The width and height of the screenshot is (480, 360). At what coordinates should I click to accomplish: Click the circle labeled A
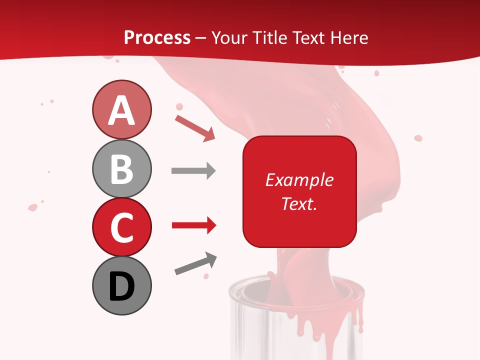[121, 109]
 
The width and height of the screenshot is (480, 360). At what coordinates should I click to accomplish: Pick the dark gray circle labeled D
[121, 285]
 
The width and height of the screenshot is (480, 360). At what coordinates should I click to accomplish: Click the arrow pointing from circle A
[195, 127]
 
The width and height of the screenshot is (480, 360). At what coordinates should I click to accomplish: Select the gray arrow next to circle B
[193, 171]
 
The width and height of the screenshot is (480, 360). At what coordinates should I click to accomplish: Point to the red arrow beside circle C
[194, 225]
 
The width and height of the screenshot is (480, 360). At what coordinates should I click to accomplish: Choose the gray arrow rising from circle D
[195, 264]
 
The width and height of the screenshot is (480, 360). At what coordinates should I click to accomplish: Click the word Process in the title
[157, 37]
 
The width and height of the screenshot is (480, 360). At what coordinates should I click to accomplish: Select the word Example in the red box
[299, 180]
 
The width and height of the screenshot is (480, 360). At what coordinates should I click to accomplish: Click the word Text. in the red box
[299, 203]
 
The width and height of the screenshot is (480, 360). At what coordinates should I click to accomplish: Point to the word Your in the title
[229, 37]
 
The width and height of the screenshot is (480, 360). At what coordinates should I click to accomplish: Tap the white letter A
[121, 110]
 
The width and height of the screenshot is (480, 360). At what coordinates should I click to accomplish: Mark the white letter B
[121, 169]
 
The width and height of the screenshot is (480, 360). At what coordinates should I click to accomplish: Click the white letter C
[121, 227]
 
